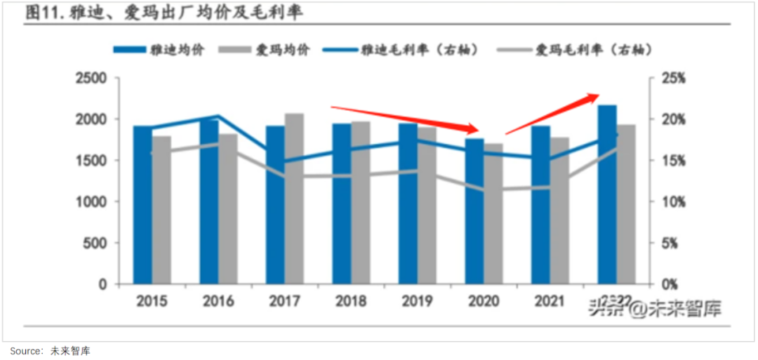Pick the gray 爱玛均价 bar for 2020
[493, 214]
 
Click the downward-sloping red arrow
[404, 119]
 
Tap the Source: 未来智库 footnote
[50, 350]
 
